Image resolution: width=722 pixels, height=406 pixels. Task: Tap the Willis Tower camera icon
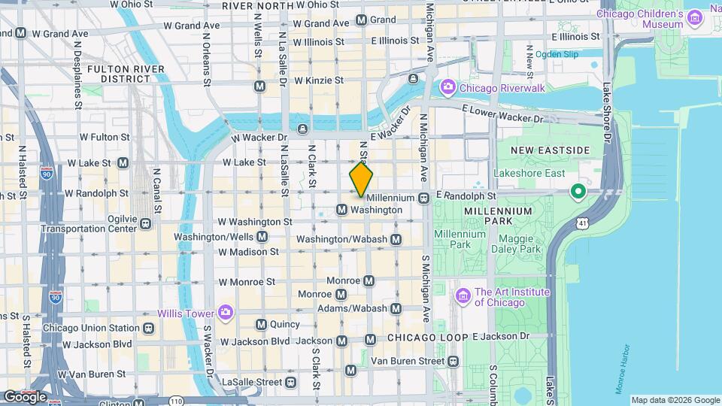(225, 313)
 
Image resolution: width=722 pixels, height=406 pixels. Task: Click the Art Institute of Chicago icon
(463, 292)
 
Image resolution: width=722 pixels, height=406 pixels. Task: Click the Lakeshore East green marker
(578, 192)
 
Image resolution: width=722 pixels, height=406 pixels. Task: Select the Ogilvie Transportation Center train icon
(145, 223)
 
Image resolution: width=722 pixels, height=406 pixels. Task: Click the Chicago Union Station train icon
(149, 328)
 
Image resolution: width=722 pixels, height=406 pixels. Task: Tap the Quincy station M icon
(261, 325)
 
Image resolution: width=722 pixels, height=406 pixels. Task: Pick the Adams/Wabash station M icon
(396, 308)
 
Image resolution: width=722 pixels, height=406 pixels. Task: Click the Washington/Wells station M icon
(262, 237)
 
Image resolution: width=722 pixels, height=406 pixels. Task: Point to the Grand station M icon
(360, 20)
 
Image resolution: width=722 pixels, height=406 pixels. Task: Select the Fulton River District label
(120, 73)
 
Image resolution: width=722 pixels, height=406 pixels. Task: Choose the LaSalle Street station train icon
(290, 382)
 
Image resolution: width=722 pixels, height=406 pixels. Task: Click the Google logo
(25, 396)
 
